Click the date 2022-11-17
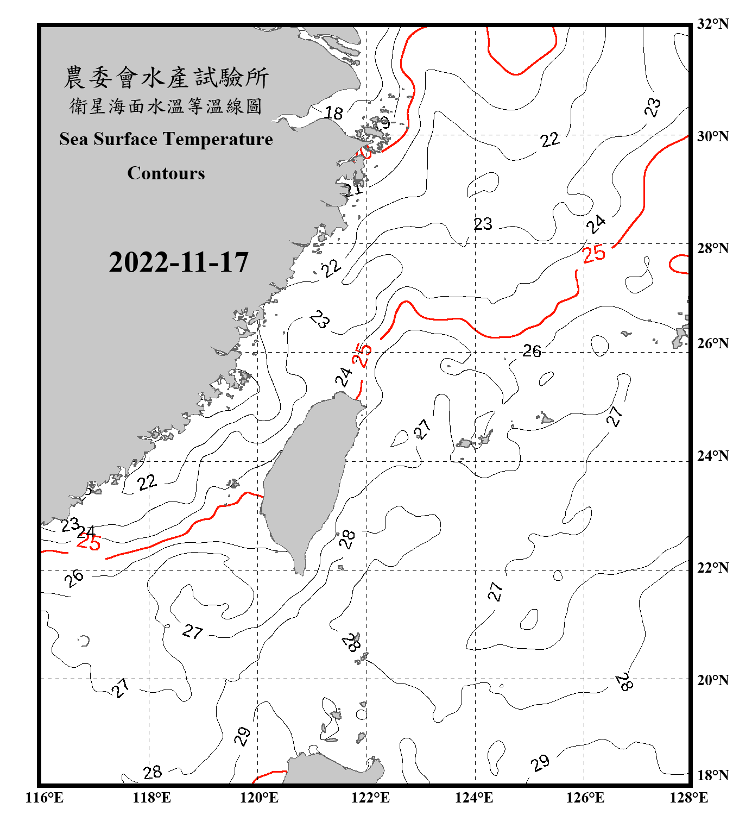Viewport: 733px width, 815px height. pyautogui.click(x=179, y=262)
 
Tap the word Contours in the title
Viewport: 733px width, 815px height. pyautogui.click(x=166, y=173)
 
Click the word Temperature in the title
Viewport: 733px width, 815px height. pyautogui.click(x=219, y=139)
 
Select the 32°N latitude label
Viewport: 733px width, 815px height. pyautogui.click(x=712, y=24)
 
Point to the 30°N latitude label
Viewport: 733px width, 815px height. pyautogui.click(x=712, y=136)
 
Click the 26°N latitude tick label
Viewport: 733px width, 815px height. pyautogui.click(x=712, y=343)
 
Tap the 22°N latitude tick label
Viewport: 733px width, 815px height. pyautogui.click(x=712, y=568)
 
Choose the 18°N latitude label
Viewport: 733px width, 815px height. pyautogui.click(x=712, y=775)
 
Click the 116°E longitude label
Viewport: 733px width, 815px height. pyautogui.click(x=44, y=798)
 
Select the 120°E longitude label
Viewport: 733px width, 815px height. pyautogui.click(x=259, y=798)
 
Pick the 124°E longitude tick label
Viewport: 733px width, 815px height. pyautogui.click(x=474, y=798)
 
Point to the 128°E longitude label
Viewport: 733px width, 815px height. pyautogui.click(x=688, y=798)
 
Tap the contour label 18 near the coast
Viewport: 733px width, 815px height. pyautogui.click(x=333, y=113)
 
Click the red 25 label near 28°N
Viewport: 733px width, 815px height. pyautogui.click(x=593, y=253)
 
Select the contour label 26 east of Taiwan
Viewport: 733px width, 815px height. pyautogui.click(x=532, y=351)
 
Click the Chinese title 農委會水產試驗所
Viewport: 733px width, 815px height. pyautogui.click(x=166, y=78)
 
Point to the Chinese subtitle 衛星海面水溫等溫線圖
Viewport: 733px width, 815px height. pyautogui.click(x=166, y=106)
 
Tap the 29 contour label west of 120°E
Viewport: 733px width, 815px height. pyautogui.click(x=242, y=736)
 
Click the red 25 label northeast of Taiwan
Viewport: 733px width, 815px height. pyautogui.click(x=362, y=355)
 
